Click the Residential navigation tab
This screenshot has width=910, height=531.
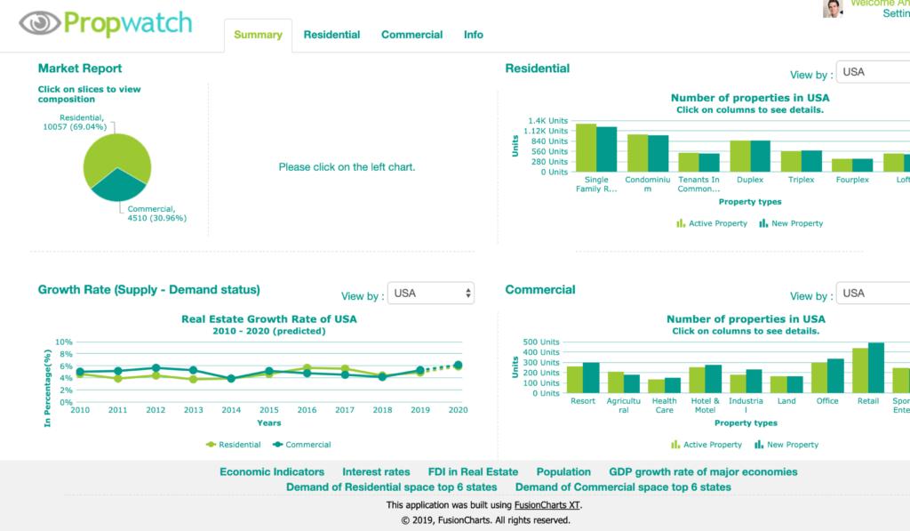tap(331, 35)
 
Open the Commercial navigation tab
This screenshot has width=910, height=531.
tap(411, 35)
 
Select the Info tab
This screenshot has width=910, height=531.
tap(474, 35)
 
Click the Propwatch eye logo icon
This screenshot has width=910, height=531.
tap(39, 22)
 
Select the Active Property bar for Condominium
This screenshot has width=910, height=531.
tap(638, 152)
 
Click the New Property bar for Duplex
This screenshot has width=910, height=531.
tap(761, 156)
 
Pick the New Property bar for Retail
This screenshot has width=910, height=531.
tap(876, 367)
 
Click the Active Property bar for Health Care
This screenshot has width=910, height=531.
tap(657, 386)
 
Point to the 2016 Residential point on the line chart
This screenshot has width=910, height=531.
tap(307, 367)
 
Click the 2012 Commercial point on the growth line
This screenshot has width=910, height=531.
tap(156, 367)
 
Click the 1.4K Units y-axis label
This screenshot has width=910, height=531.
tap(547, 121)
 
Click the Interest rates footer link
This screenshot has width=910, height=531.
tap(376, 471)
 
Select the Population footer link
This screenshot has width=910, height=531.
tap(563, 471)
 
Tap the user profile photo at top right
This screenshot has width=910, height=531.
tap(833, 9)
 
